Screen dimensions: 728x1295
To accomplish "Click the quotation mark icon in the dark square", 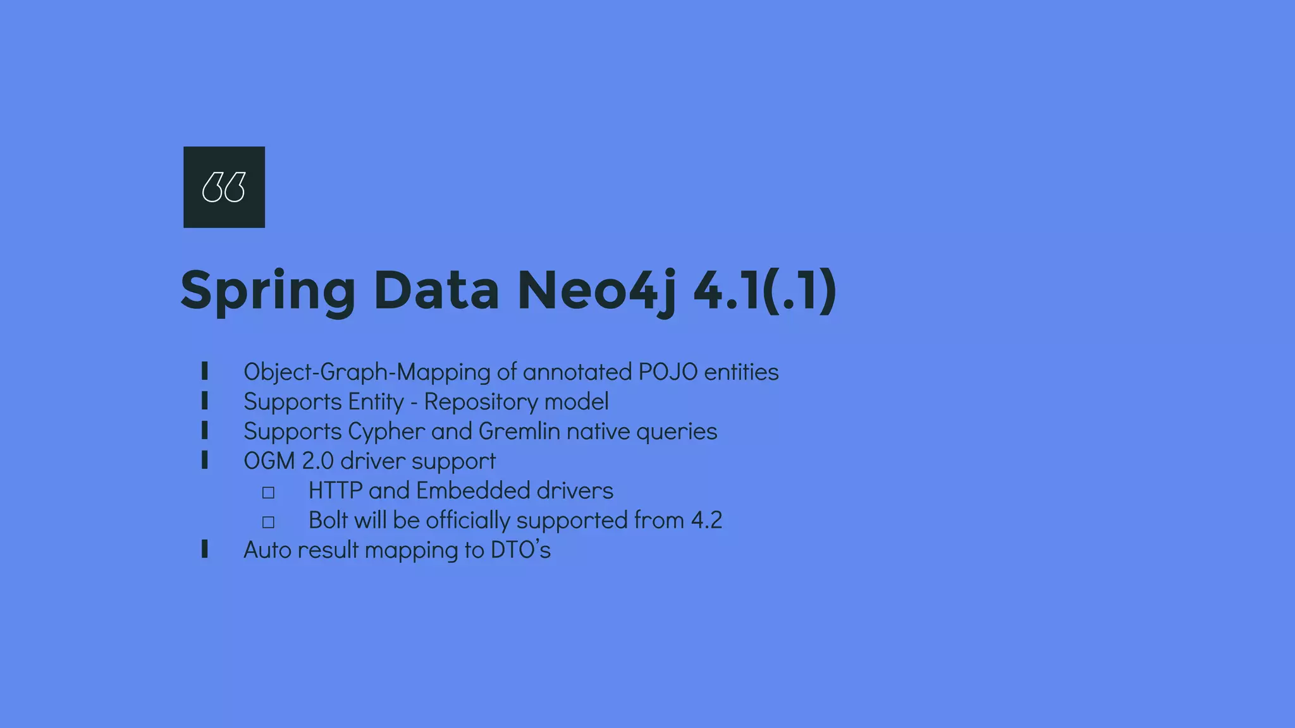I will click(224, 187).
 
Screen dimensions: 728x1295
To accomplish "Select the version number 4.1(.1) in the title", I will click(765, 291).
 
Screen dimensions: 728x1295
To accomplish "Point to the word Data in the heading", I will click(436, 291).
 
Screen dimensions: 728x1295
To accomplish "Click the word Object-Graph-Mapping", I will click(367, 372).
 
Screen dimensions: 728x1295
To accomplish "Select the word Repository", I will click(481, 402).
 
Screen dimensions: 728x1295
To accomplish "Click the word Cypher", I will click(386, 432).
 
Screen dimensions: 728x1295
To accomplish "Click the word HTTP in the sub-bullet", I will click(335, 491).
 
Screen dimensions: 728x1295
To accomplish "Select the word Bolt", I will click(328, 521).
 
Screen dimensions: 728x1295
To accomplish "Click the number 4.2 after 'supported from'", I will click(706, 521).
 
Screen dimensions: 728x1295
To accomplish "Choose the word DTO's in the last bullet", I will click(520, 550).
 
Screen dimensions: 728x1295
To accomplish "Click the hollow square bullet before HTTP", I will click(268, 492).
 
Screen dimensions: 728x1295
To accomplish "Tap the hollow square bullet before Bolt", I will click(268, 522).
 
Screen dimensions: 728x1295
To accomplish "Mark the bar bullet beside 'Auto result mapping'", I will click(204, 549).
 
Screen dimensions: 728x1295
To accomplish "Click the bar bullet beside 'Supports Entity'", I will click(204, 401).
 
